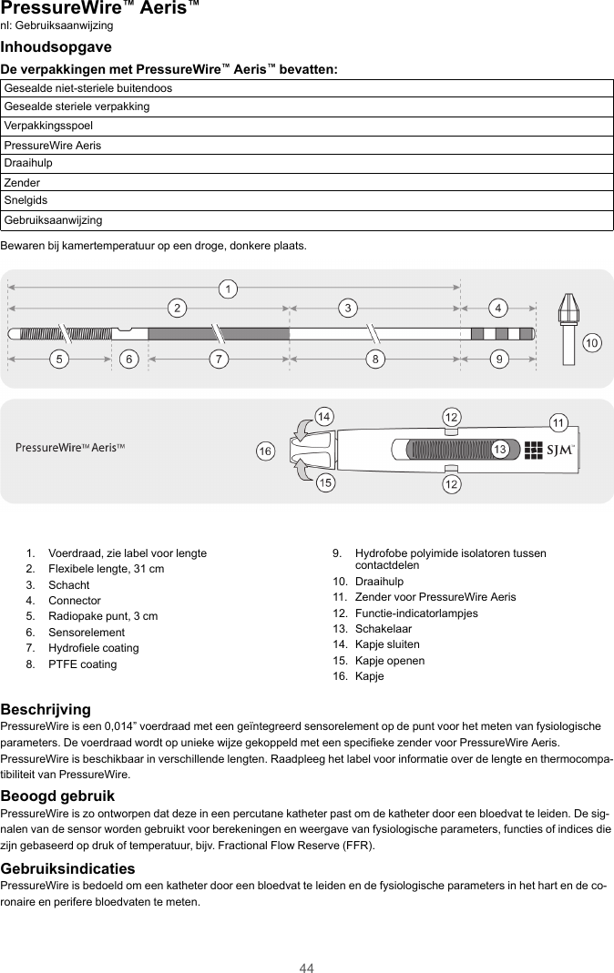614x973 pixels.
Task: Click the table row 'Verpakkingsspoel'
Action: (307, 126)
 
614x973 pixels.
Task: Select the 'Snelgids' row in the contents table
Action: (307, 200)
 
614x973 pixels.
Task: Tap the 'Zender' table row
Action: (307, 183)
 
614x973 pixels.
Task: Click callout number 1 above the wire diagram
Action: (231, 289)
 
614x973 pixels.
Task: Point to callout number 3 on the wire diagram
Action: (347, 308)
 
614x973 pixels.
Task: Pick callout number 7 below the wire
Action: (218, 359)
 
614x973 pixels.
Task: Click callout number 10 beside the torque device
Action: (592, 343)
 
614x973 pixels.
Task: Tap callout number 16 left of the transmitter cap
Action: (264, 451)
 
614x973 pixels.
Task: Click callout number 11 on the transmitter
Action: (558, 422)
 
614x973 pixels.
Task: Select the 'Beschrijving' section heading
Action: (46, 709)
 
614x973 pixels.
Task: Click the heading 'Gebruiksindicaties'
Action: (68, 869)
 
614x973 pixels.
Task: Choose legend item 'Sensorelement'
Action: (87, 633)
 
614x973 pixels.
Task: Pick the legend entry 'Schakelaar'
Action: (383, 629)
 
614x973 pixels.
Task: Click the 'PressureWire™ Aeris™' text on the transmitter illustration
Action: (70, 448)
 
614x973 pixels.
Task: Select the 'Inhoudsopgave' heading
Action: (56, 46)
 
